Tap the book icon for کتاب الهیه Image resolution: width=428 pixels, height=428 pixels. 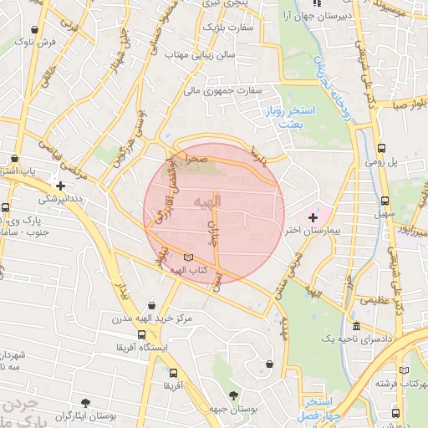point(188,257)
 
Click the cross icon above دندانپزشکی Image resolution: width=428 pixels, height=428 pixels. point(59,186)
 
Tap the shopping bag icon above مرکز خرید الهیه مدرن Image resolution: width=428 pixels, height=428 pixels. point(150,305)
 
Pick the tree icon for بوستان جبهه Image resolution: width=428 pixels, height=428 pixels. point(232,394)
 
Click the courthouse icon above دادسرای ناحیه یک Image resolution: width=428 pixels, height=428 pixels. point(356,325)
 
